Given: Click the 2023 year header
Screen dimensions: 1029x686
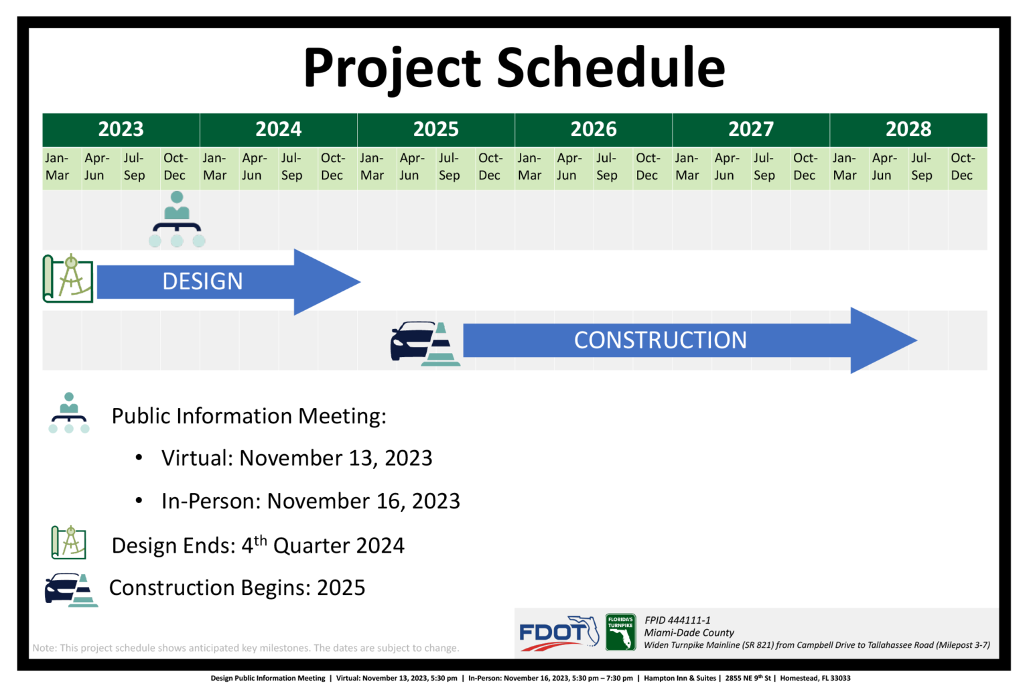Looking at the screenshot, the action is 121,129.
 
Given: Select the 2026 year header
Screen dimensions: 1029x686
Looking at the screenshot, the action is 594,129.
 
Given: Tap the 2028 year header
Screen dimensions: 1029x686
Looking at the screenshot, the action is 908,129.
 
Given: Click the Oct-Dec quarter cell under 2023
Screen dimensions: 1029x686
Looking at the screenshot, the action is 180,167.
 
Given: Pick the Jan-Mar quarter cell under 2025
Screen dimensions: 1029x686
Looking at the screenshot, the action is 376,167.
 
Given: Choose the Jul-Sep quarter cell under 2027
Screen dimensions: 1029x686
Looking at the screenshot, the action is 771,167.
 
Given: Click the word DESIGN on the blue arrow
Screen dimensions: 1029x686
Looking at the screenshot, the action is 202,281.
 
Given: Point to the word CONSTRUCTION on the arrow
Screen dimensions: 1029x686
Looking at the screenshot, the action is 661,340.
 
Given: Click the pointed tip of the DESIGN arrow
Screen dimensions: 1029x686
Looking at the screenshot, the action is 360,281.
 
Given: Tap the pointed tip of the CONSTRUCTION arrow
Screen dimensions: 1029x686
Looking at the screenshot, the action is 917,340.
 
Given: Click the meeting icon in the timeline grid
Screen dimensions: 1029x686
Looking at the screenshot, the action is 177,219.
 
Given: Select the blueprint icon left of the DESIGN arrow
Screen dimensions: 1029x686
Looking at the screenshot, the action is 68,279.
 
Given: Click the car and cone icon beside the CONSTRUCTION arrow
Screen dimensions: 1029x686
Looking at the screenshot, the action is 425,344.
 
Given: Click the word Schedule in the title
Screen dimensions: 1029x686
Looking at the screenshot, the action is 611,68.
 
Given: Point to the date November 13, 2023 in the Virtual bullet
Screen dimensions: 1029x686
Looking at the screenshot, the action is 336,458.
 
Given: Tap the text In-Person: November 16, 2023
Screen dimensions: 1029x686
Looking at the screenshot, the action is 311,501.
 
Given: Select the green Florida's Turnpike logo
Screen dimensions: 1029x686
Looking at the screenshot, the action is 620,632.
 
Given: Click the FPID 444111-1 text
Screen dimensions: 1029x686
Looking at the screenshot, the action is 677,620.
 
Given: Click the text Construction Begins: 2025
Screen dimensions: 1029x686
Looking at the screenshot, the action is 237,588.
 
